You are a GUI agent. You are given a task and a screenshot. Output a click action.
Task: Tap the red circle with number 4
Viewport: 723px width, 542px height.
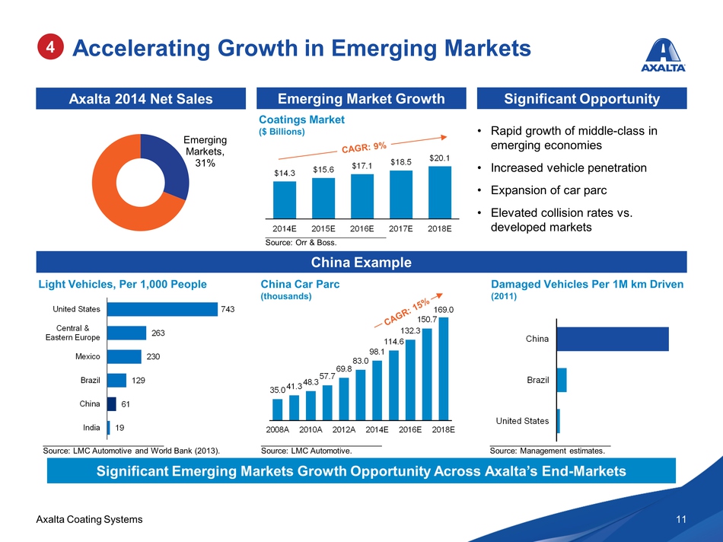click(50, 47)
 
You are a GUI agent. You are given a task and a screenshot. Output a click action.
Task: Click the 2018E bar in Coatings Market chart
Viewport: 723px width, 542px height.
click(440, 191)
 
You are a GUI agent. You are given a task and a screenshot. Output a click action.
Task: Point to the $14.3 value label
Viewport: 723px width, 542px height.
click(285, 174)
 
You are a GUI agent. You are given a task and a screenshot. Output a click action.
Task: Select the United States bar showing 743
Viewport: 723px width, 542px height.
click(162, 309)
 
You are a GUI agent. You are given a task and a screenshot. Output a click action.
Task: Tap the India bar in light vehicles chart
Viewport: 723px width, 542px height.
click(109, 428)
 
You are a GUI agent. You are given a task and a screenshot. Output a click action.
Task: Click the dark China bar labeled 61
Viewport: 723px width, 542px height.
click(112, 403)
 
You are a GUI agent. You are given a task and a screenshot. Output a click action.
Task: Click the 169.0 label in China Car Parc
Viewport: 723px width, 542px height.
click(444, 310)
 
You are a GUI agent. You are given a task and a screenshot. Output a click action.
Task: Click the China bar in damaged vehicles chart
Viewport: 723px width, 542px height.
click(613, 339)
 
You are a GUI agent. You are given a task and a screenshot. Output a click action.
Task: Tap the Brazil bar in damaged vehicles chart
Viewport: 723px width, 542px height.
click(562, 380)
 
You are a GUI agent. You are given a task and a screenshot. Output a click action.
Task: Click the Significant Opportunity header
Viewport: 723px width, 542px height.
click(581, 98)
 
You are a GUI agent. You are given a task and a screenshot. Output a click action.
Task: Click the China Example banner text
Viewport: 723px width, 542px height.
click(362, 263)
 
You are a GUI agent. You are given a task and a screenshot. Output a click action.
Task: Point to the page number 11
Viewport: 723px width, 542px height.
click(680, 519)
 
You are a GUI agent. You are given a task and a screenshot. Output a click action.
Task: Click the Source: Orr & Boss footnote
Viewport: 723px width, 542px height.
click(301, 243)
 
